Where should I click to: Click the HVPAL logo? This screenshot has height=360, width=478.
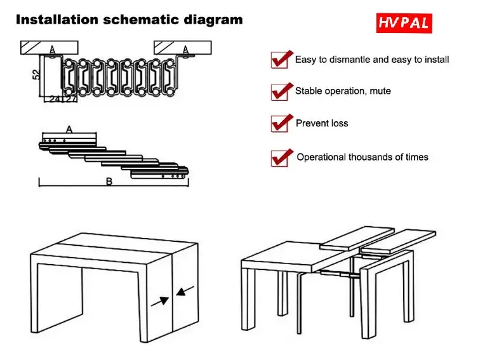[x=404, y=23]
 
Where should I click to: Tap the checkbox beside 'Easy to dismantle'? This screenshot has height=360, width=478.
[x=279, y=60]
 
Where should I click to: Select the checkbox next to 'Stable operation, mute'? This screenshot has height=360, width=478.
[x=279, y=92]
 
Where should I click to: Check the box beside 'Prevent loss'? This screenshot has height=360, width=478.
[x=279, y=124]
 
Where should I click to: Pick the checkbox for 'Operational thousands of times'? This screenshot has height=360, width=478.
[x=279, y=158]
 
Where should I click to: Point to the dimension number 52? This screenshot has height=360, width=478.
[x=36, y=74]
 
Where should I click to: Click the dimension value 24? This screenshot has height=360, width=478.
[x=55, y=99]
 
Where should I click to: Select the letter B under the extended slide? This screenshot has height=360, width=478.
[x=109, y=182]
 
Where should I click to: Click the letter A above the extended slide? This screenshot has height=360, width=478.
[x=69, y=130]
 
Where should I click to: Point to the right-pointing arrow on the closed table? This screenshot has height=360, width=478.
[x=160, y=302]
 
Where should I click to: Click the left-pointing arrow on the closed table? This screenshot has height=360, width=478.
[x=185, y=291]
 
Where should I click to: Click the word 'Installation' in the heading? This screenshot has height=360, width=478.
[x=57, y=20]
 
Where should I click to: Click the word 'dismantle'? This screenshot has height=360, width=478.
[x=350, y=59]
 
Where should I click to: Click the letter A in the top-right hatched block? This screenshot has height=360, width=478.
[x=185, y=50]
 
